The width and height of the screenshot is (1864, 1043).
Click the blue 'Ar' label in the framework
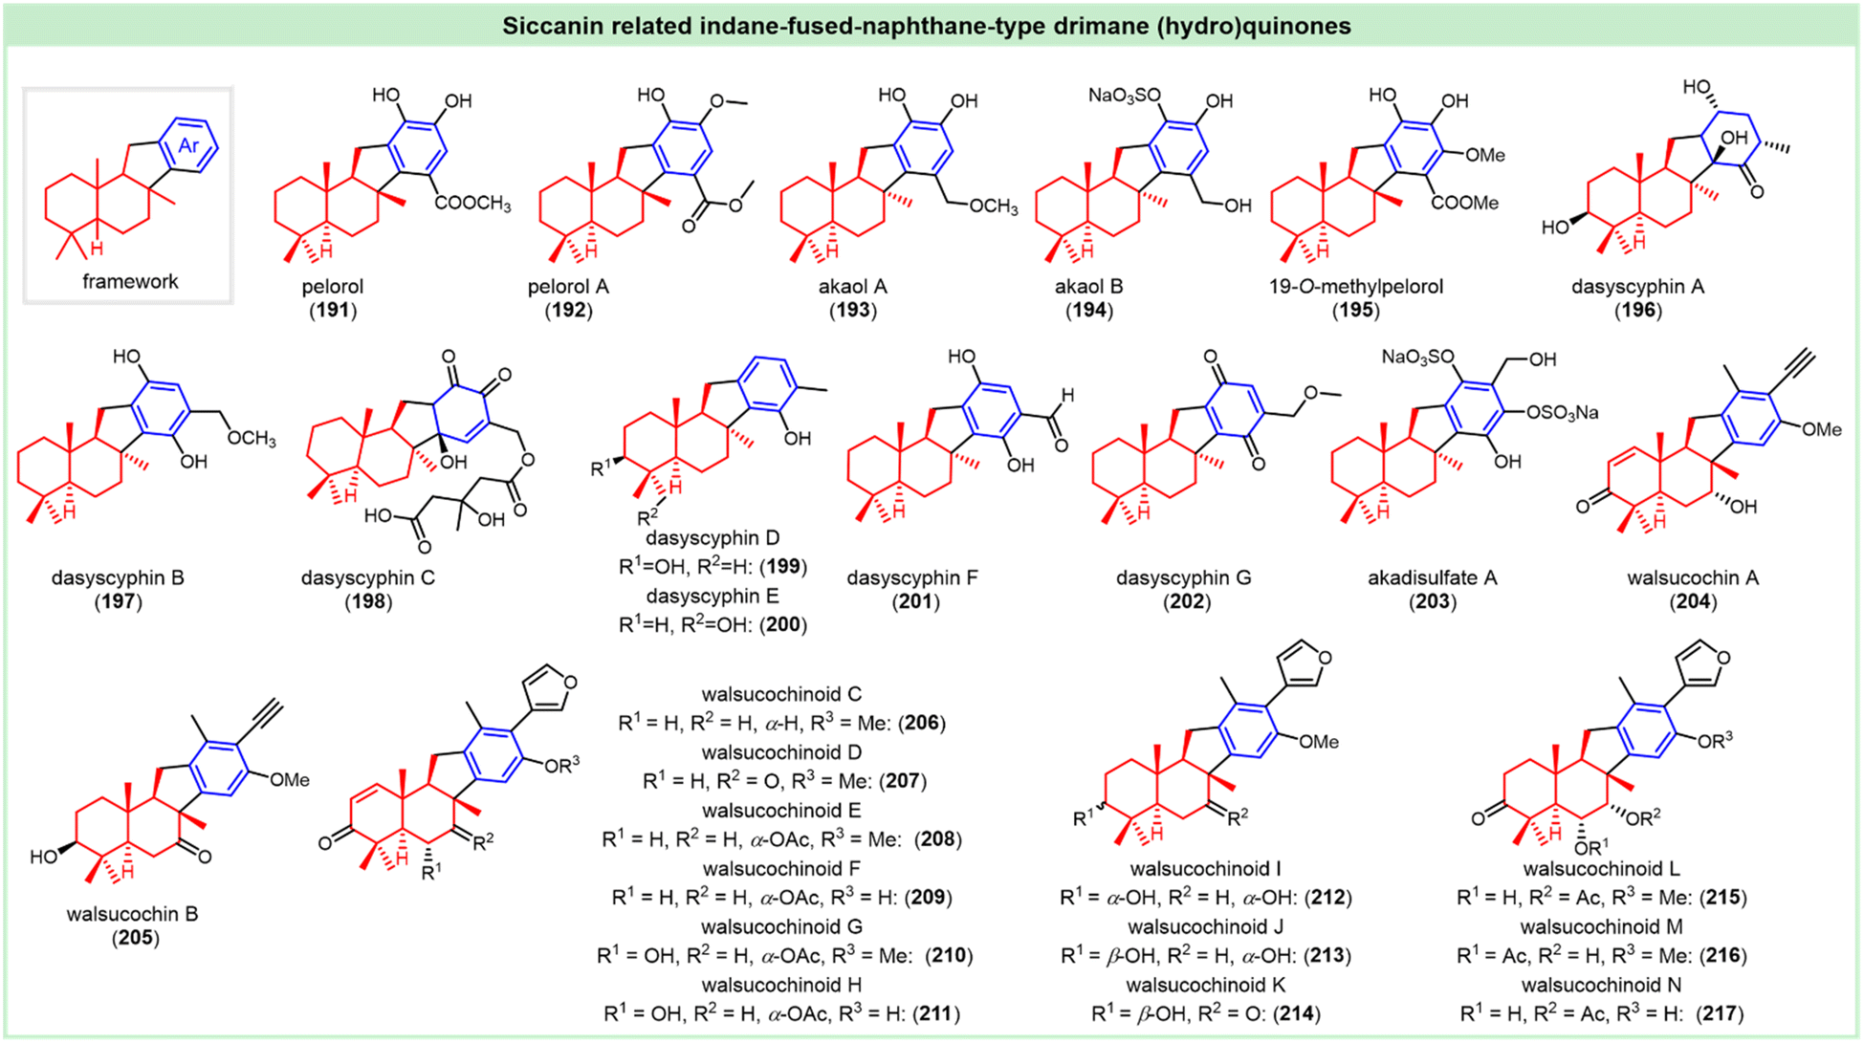pos(189,145)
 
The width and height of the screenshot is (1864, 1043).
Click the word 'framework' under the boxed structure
pos(130,281)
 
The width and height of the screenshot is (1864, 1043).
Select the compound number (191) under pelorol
pos(332,311)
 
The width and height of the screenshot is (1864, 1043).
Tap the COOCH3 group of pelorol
pos(472,204)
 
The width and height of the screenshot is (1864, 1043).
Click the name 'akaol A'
pos(852,287)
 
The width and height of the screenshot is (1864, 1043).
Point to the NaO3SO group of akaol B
pos(1125,96)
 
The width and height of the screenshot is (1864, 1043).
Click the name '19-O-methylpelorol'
pos(1356,287)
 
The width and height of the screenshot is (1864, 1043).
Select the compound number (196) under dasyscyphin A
pos(1637,311)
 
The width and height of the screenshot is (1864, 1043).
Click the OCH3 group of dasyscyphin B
pos(252,439)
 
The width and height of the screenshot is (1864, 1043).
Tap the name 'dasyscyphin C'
pos(368,578)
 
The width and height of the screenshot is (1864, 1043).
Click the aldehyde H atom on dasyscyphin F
pos(1067,395)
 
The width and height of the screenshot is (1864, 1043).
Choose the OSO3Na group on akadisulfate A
pos(1563,413)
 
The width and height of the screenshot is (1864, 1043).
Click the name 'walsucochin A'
pos(1693,578)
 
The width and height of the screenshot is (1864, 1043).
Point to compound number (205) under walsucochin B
pos(135,938)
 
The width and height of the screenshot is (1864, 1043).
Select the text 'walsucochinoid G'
pos(781,927)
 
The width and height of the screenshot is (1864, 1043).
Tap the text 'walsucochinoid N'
pos(1601,985)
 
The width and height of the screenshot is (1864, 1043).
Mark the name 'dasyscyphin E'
pos(713,597)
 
